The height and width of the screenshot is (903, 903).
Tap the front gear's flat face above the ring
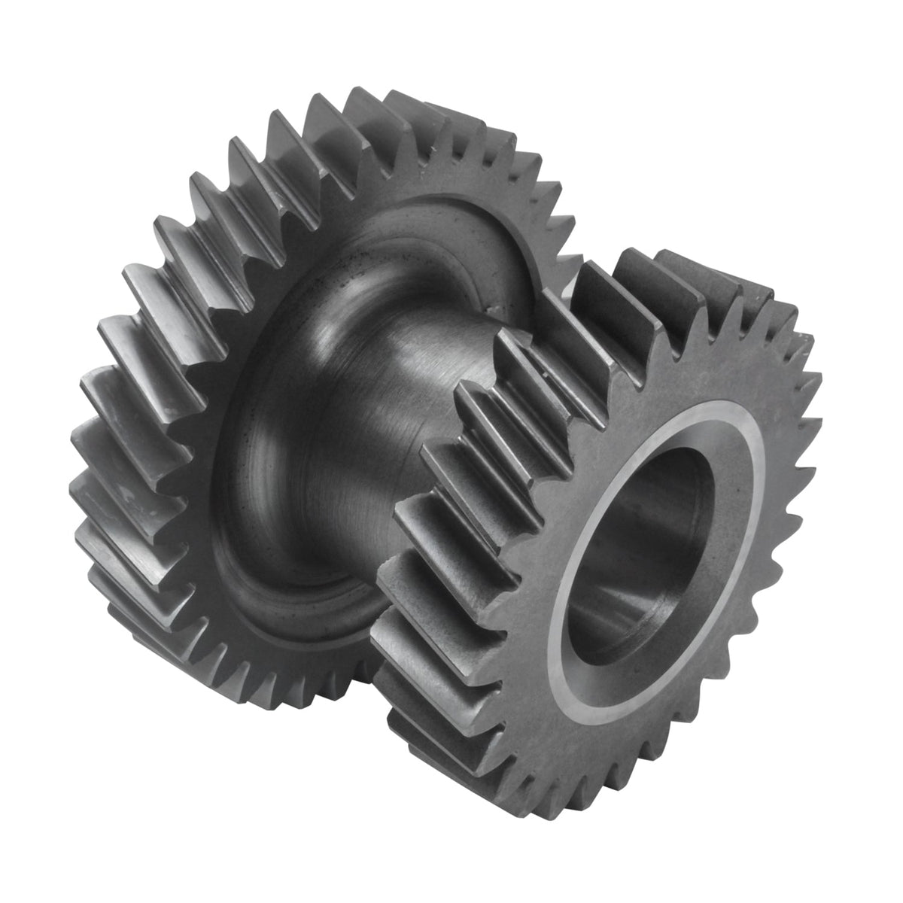[677, 361]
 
